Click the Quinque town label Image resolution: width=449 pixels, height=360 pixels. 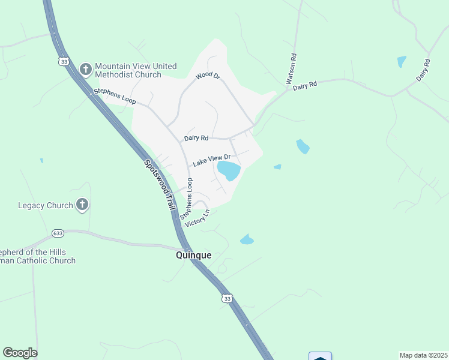(193, 255)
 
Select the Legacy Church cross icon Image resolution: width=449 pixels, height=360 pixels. (82, 205)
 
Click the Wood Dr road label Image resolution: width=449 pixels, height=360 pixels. (208, 77)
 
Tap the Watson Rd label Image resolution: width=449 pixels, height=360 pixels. (292, 69)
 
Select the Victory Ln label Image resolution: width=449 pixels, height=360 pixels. (197, 218)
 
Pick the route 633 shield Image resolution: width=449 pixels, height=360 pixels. (58, 233)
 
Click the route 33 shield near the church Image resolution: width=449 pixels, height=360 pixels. (64, 61)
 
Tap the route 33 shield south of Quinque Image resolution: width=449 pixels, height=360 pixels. (226, 298)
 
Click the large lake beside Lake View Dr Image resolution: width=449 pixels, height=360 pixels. (229, 170)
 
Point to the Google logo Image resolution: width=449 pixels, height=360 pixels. (20, 353)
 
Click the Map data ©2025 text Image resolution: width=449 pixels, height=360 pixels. (423, 355)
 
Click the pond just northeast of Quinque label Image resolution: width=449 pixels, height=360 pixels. (247, 240)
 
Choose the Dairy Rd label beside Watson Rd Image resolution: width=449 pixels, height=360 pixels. (304, 86)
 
